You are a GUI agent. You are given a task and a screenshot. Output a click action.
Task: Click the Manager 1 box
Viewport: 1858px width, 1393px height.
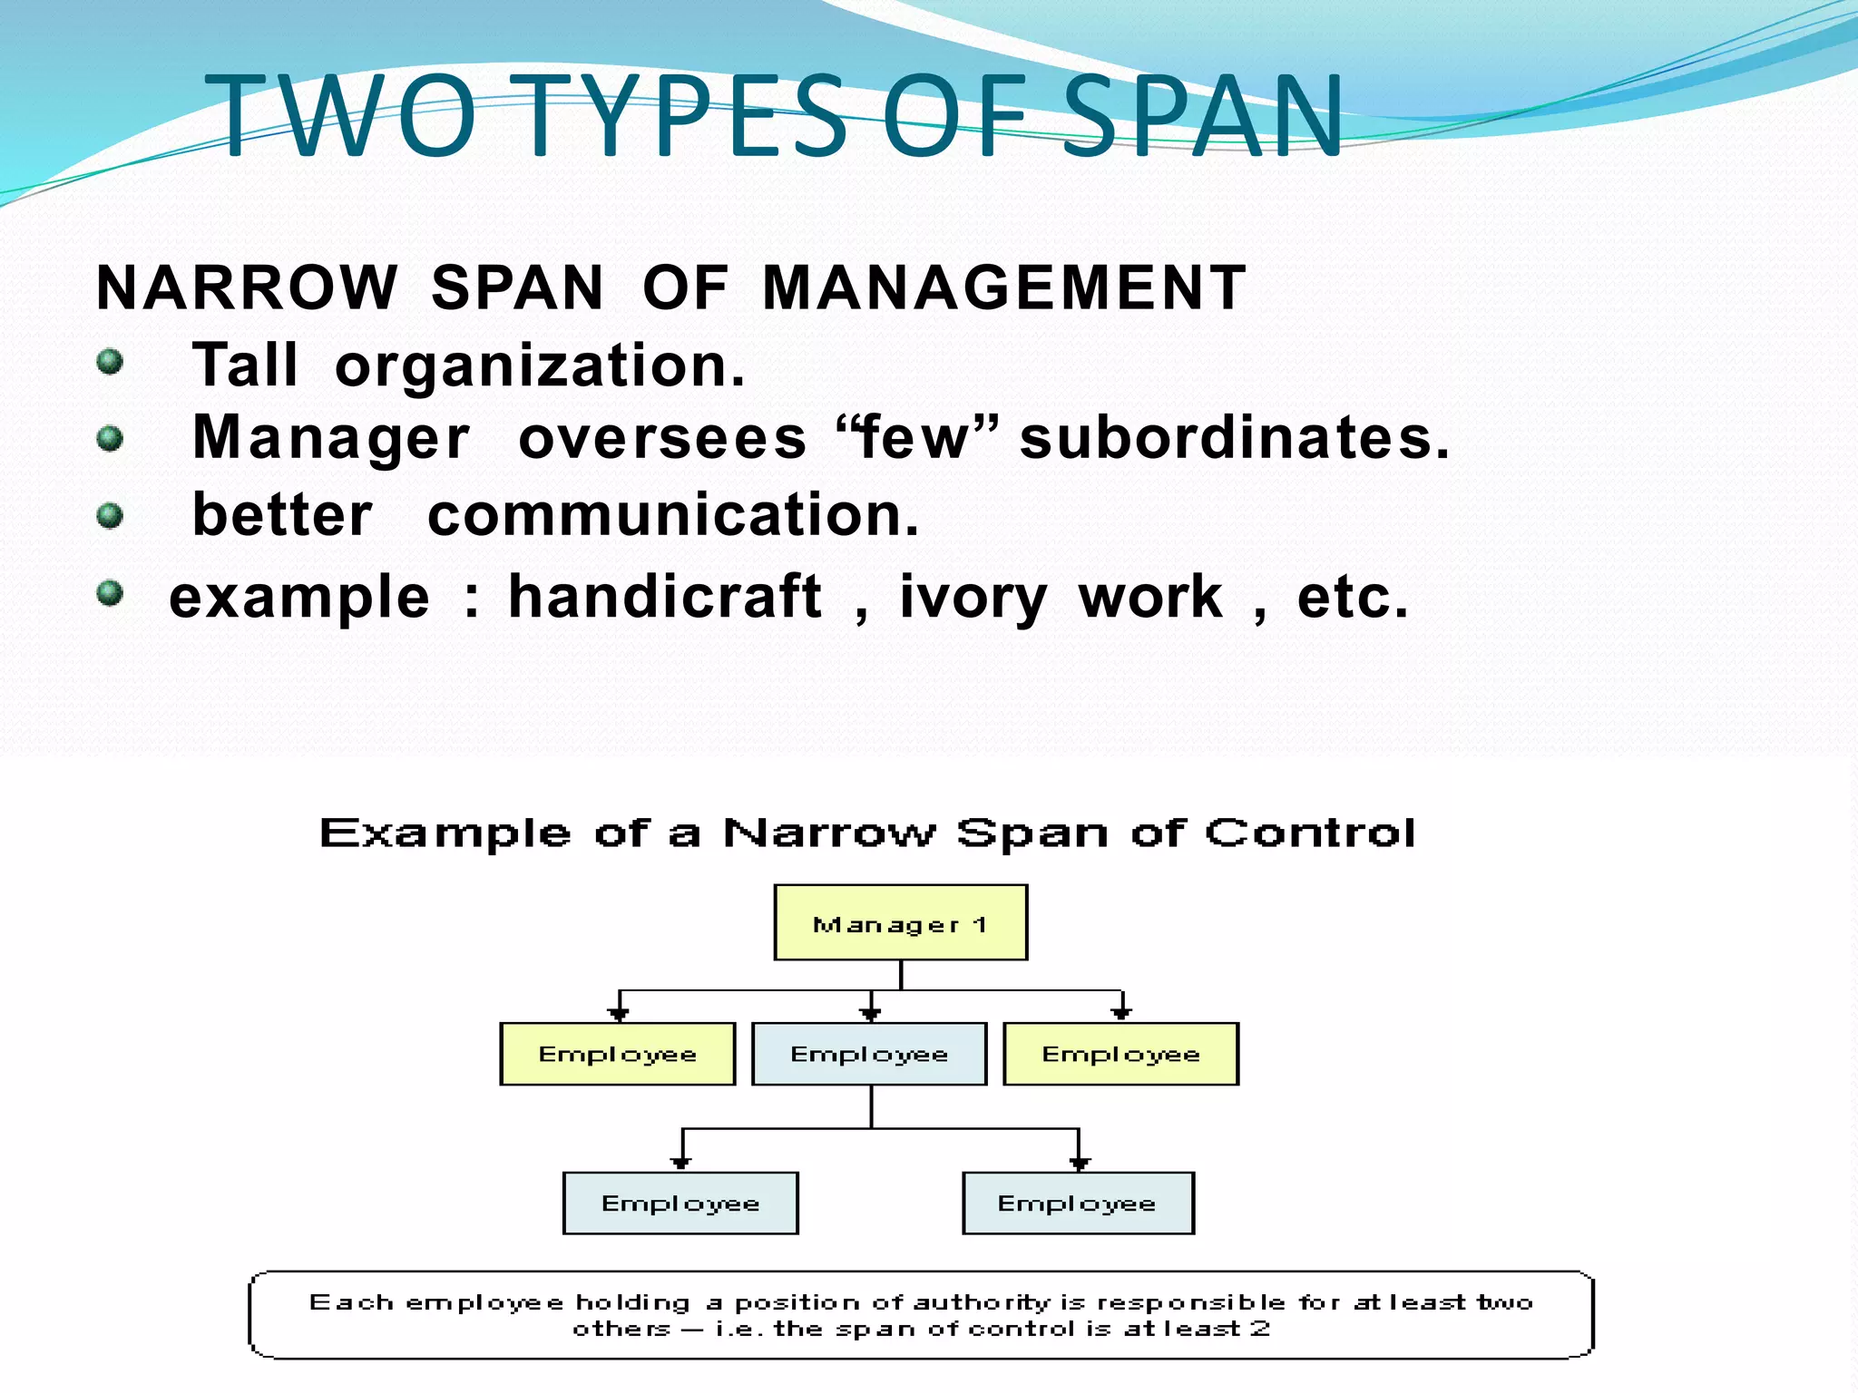pyautogui.click(x=900, y=922)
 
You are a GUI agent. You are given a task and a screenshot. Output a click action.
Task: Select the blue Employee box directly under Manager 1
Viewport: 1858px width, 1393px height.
pyautogui.click(x=869, y=1054)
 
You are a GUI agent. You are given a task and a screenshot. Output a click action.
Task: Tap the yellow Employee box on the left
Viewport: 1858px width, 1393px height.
pyautogui.click(x=617, y=1054)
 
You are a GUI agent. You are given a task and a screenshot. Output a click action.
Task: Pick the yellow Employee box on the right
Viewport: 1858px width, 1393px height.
pyautogui.click(x=1120, y=1054)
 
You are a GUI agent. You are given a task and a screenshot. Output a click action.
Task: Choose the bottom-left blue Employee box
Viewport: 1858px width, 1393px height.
pyautogui.click(x=680, y=1203)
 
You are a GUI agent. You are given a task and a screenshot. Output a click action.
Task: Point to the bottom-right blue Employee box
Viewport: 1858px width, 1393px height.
pyautogui.click(x=1078, y=1203)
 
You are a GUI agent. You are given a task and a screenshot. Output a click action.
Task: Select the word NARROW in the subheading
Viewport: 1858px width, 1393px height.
pyautogui.click(x=247, y=287)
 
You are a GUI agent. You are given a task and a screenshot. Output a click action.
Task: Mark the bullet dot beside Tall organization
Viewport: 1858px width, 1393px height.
pyautogui.click(x=110, y=362)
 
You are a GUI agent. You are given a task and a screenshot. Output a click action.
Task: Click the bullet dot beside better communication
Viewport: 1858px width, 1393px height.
pyautogui.click(x=110, y=516)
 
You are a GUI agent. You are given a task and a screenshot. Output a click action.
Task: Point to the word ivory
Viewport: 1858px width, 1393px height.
pyautogui.click(x=973, y=599)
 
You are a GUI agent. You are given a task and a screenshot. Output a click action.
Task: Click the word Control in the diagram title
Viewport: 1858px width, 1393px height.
pyautogui.click(x=1309, y=833)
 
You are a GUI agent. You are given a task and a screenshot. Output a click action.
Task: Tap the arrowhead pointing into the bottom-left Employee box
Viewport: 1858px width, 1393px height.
pyautogui.click(x=681, y=1163)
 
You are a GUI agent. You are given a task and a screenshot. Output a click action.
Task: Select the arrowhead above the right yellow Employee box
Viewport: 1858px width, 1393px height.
pyautogui.click(x=1121, y=1013)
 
